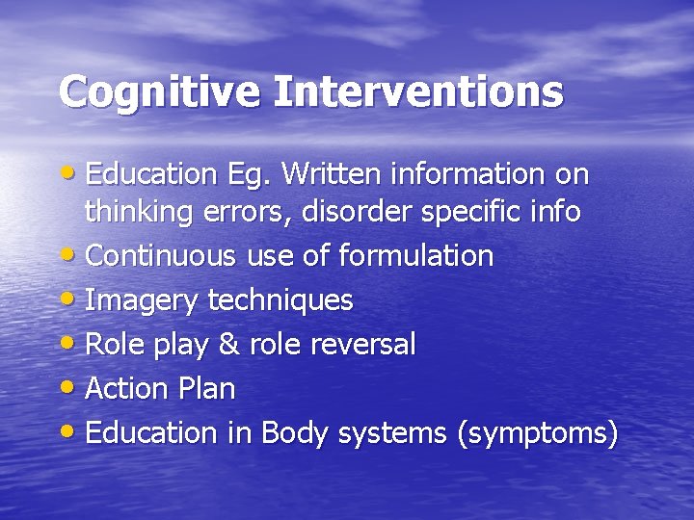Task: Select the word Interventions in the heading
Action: (x=419, y=91)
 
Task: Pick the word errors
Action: (x=240, y=212)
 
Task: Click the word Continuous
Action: (x=160, y=256)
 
